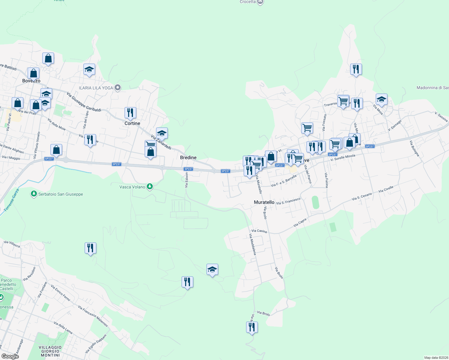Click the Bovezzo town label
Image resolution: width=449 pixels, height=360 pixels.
point(31,81)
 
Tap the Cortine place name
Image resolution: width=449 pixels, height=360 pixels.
point(132,123)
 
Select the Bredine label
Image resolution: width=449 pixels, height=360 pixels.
point(188,157)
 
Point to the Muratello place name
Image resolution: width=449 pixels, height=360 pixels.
point(264,202)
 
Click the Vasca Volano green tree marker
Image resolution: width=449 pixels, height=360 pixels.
point(150,187)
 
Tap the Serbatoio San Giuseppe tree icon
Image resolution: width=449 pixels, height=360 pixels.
point(34,194)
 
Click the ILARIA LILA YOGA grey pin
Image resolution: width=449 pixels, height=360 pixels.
point(118,88)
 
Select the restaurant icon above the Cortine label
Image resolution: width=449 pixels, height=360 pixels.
point(130,113)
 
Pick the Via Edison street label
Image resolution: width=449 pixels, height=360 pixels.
point(186,180)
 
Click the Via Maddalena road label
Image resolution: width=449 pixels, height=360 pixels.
point(253,244)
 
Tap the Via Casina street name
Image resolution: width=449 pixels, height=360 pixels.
point(259,231)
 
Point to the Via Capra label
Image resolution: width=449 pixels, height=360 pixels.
point(300,222)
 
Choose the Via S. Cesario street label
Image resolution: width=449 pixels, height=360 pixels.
point(362,196)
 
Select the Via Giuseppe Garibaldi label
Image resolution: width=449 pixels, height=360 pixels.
point(84,102)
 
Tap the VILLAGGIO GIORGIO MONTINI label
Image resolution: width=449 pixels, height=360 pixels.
point(50,351)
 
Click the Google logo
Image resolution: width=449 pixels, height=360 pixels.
point(10,356)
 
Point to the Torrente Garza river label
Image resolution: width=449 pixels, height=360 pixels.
point(12,200)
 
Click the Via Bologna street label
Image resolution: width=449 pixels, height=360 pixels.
point(414,148)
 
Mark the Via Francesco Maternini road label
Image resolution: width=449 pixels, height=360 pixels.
point(93,316)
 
